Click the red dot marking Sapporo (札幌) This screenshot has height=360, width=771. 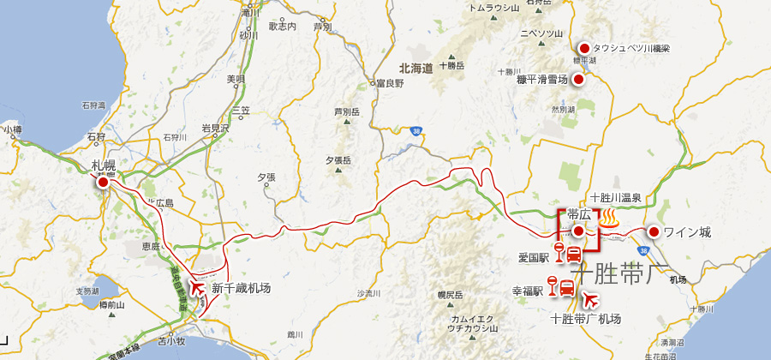pos(103,182)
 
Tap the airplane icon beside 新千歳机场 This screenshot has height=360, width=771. pos(200,288)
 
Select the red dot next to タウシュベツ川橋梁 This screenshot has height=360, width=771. pos(584,48)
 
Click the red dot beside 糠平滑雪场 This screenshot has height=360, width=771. pos(578,80)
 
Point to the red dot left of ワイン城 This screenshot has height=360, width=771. pos(653,231)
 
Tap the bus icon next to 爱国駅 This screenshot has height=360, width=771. pos(573,253)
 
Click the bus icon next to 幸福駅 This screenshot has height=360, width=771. pos(566,288)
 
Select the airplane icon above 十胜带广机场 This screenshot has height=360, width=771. pos(589,299)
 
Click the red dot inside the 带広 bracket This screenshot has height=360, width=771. pos(578,231)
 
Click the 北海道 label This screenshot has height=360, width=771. pos(415,67)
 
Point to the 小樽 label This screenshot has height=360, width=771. pos(12,129)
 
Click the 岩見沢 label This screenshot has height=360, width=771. pos(215,128)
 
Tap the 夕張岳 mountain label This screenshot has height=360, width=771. pos(339,160)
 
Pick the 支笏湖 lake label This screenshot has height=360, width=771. pos(87,291)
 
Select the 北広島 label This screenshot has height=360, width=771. pos(159,203)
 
